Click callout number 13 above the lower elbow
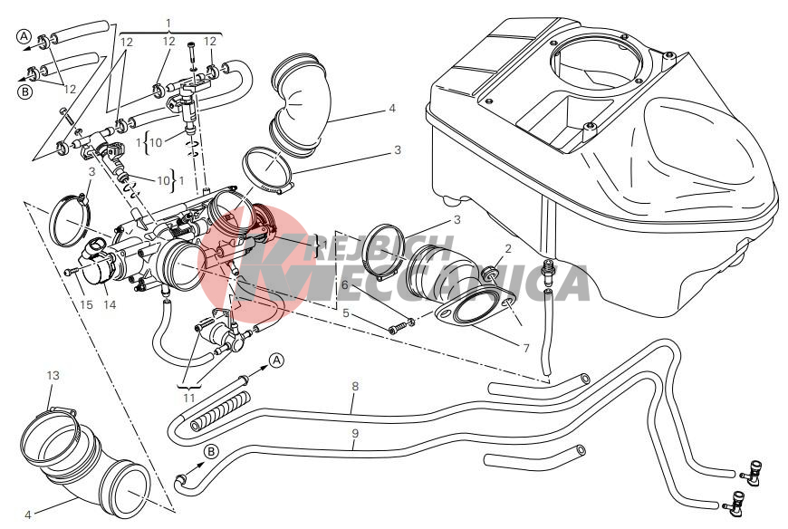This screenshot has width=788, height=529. click(x=53, y=374)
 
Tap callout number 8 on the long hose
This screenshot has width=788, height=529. click(x=355, y=387)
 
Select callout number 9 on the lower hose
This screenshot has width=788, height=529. click(x=355, y=433)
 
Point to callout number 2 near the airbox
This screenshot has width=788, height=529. click(x=508, y=248)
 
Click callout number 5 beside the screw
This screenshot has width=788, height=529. click(x=345, y=313)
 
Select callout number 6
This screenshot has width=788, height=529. click(x=345, y=284)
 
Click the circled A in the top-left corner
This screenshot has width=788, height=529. click(x=24, y=37)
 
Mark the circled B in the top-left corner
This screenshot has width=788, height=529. click(x=24, y=91)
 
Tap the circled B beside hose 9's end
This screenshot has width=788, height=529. click(x=210, y=451)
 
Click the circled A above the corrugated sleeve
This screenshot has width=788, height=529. click(x=277, y=360)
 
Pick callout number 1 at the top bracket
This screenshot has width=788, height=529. click(x=169, y=20)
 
